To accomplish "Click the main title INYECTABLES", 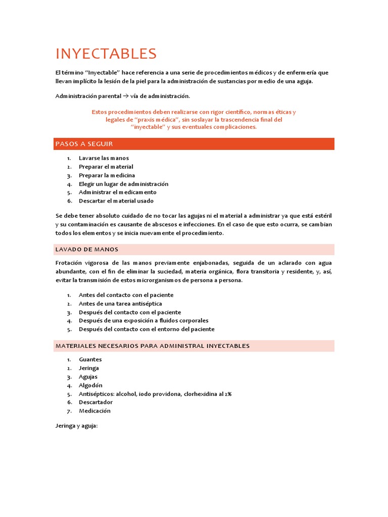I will pyautogui.click(x=106, y=54).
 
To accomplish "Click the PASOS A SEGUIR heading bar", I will pyautogui.click(x=195, y=144).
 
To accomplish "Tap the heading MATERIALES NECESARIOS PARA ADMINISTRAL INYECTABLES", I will pyautogui.click(x=195, y=346).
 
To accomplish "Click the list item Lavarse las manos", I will pyautogui.click(x=104, y=158).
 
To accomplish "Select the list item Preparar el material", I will pyautogui.click(x=106, y=167).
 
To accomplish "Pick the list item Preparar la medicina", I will pyautogui.click(x=107, y=175).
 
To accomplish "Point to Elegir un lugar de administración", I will pyautogui.click(x=123, y=184).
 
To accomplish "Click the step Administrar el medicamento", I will pyautogui.click(x=117, y=192).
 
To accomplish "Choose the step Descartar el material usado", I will pyautogui.click(x=116, y=201).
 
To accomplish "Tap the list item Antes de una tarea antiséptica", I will pyautogui.click(x=120, y=303).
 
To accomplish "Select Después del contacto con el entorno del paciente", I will pyautogui.click(x=147, y=329).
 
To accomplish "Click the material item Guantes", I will pyautogui.click(x=90, y=359).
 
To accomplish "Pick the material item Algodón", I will pyautogui.click(x=90, y=385).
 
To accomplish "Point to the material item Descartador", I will pyautogui.click(x=95, y=402).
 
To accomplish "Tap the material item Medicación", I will pyautogui.click(x=94, y=411).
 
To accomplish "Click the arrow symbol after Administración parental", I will pyautogui.click(x=126, y=96).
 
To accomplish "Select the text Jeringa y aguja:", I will pyautogui.click(x=76, y=426).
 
